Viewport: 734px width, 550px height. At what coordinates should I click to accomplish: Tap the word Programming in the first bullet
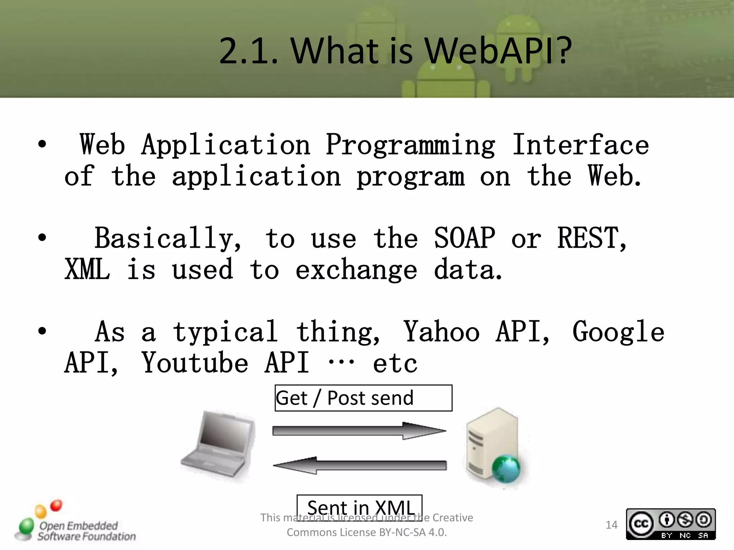coord(410,145)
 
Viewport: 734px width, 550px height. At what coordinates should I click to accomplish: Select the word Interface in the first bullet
coord(580,145)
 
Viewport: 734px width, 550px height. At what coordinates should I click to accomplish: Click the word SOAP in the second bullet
coord(464,238)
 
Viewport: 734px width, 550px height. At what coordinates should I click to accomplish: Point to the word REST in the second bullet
coord(588,238)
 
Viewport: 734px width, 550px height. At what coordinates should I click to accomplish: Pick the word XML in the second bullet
coord(87,270)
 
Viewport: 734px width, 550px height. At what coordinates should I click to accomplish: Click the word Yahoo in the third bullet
coord(442,332)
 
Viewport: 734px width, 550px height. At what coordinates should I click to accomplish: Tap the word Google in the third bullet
coord(618,332)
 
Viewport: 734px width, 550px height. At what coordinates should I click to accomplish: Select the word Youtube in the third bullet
coord(195,363)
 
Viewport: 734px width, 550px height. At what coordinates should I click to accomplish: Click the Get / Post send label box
coord(363,398)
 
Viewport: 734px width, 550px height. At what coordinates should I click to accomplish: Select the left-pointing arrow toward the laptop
coord(359,465)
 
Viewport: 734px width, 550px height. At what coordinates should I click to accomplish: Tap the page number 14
coord(611,525)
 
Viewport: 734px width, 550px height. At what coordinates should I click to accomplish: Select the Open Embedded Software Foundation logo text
coord(86,531)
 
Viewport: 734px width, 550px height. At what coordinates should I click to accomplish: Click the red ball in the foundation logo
coord(56,506)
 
